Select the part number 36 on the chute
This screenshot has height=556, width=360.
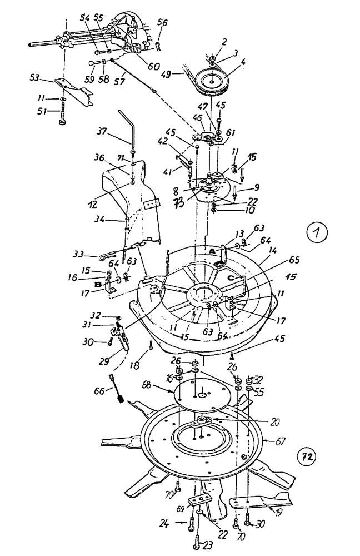(101, 158)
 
